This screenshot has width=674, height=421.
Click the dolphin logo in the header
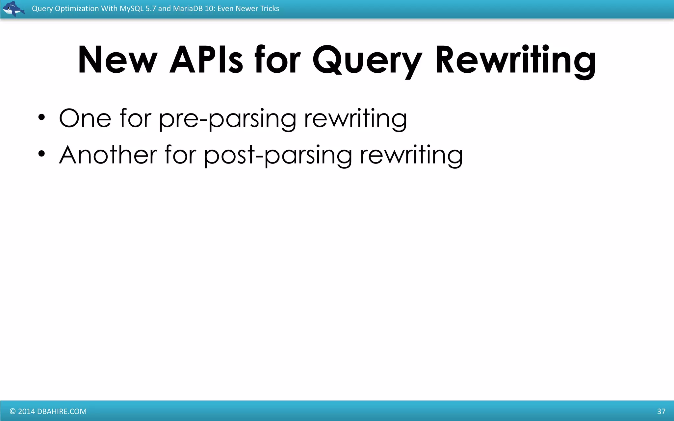pos(13,9)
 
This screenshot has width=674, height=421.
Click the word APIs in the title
pos(206,60)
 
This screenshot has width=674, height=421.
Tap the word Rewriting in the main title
pos(515,61)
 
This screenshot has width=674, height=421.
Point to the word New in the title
pos(117,60)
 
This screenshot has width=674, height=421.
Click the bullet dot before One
pos(41,117)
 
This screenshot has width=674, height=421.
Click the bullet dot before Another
pos(41,154)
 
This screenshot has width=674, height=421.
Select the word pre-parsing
pos(227,119)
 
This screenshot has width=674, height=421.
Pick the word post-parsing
pos(278,156)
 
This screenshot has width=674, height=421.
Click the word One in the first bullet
pos(85,118)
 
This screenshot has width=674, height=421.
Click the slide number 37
pos(661,411)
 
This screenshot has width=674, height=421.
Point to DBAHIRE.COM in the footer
pos(62,411)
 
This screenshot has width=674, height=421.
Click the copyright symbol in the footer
pos(13,411)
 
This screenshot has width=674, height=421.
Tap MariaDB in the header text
pos(188,9)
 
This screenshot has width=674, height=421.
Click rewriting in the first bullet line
pos(355,119)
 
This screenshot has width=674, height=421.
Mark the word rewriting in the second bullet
pos(411,156)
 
